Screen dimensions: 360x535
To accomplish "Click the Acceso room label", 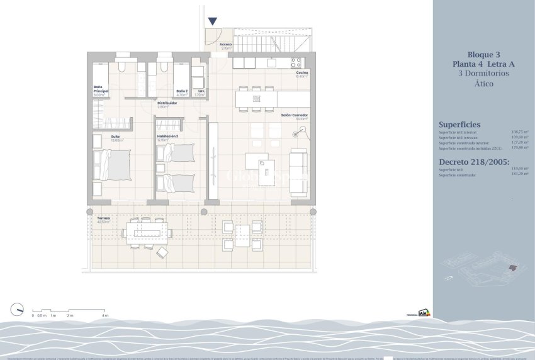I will tap(226, 45).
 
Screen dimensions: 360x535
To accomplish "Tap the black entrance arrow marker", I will tap(212, 22).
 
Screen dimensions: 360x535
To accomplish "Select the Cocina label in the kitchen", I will tap(301, 73).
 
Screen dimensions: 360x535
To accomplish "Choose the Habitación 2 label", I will tap(167, 136).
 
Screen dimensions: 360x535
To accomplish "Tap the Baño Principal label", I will tap(100, 91).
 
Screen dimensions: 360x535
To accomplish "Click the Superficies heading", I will tap(459, 125).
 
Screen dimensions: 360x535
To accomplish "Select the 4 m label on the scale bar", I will tap(106, 315).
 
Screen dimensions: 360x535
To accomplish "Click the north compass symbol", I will tap(18, 308).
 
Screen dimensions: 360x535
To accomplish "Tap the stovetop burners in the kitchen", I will tap(296, 63).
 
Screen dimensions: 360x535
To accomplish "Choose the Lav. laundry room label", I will tap(201, 91).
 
